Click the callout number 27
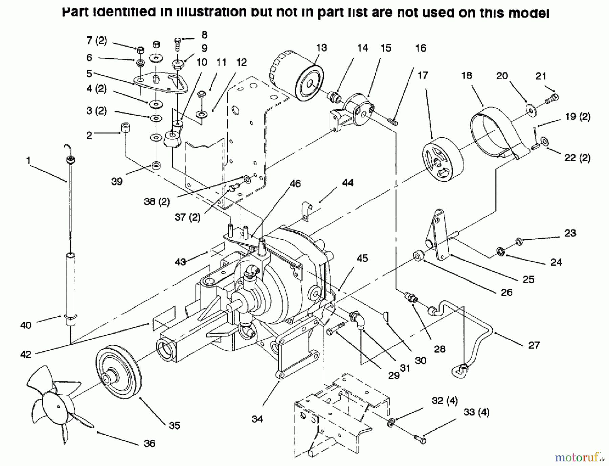point(534,345)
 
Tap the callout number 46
point(295,183)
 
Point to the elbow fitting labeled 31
point(358,320)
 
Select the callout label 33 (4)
point(476,412)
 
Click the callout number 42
point(26,354)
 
